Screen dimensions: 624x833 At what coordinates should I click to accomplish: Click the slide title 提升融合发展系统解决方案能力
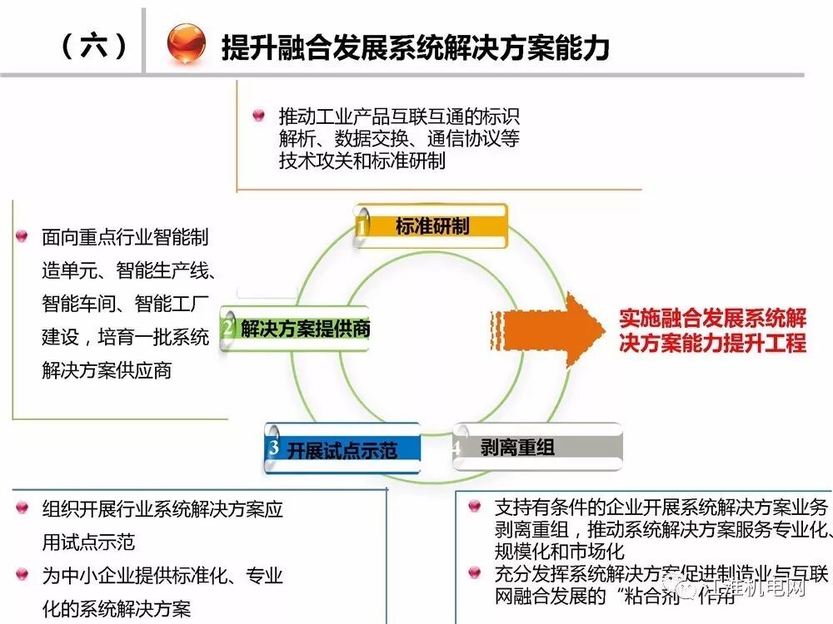coord(415,47)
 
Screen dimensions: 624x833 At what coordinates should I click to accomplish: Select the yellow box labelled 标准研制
coord(431,226)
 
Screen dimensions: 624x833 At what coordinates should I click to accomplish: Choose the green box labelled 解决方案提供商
coord(296,329)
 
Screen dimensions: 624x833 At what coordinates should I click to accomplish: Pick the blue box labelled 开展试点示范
coord(343,450)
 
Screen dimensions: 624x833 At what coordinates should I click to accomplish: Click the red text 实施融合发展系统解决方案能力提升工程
coord(712,330)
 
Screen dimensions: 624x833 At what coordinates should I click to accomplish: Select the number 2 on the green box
coord(227,329)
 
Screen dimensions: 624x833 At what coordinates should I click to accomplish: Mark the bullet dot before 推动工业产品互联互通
coord(258,116)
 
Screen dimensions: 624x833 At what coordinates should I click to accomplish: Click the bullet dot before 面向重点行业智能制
coord(22,237)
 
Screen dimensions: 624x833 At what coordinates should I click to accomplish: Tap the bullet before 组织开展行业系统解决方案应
coord(22,508)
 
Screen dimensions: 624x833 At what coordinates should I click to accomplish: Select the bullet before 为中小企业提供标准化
coord(22,575)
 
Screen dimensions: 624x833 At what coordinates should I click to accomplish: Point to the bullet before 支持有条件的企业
coord(475,506)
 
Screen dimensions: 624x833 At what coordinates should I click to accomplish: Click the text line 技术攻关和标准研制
coord(362,161)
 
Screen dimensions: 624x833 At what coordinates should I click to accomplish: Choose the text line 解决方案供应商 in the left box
coord(107,370)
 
